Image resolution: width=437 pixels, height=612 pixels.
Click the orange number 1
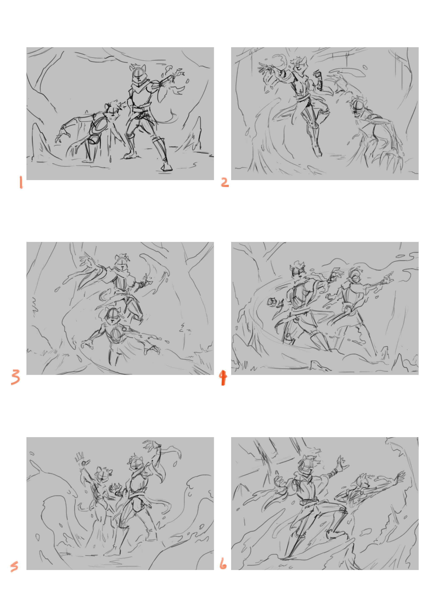(21, 183)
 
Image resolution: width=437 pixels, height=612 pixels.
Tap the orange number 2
(225, 182)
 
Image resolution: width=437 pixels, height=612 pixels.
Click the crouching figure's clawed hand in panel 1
(61, 134)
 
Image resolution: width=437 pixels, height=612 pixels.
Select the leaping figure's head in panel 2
(299, 64)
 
